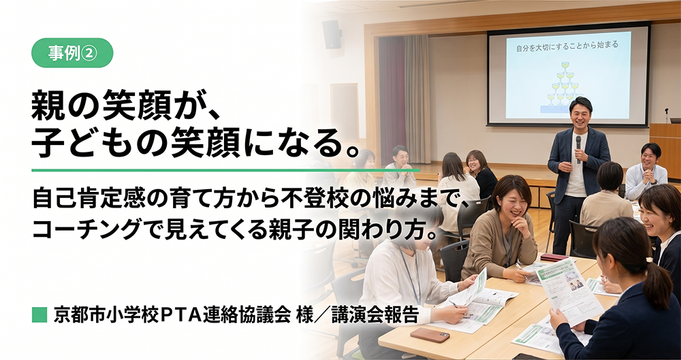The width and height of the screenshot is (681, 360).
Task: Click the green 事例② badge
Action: [x=72, y=53]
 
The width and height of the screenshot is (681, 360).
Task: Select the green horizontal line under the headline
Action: [x=226, y=170]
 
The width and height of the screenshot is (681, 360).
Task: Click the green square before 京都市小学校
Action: [x=39, y=315]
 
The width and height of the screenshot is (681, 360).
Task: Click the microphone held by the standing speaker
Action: [x=578, y=148]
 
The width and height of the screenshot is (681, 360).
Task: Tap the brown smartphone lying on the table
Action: [x=430, y=335]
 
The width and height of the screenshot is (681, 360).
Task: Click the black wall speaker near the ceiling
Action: [x=332, y=34]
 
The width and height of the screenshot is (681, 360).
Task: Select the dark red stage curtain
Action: [x=392, y=99]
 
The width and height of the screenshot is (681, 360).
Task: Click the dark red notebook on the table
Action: [x=554, y=257]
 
